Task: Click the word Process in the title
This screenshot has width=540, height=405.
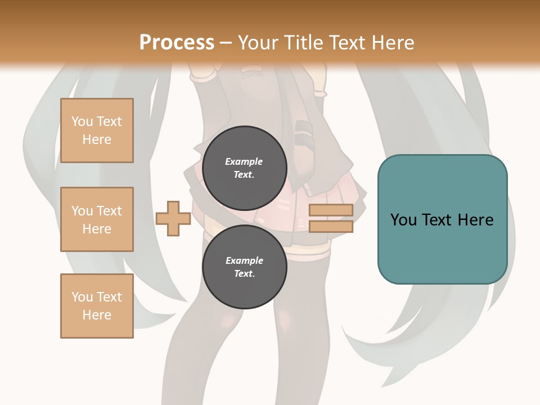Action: (177, 43)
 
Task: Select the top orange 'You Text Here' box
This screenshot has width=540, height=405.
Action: (97, 130)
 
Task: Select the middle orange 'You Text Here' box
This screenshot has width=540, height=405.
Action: (97, 219)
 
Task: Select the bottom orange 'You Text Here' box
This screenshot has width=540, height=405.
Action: (97, 306)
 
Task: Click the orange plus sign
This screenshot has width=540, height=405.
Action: (173, 218)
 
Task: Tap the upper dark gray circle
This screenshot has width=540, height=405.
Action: (245, 168)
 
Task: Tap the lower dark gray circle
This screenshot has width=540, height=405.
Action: (245, 267)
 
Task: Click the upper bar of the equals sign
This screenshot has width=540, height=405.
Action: (331, 210)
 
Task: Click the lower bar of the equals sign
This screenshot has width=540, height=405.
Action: (331, 226)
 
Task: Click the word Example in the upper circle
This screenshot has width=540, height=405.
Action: (244, 161)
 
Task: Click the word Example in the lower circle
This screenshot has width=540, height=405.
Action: (244, 260)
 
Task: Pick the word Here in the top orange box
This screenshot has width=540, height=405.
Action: (97, 139)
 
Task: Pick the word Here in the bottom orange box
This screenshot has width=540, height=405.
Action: (97, 315)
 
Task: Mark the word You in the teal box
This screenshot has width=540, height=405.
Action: (403, 220)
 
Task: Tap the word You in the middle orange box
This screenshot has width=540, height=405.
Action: (82, 211)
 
